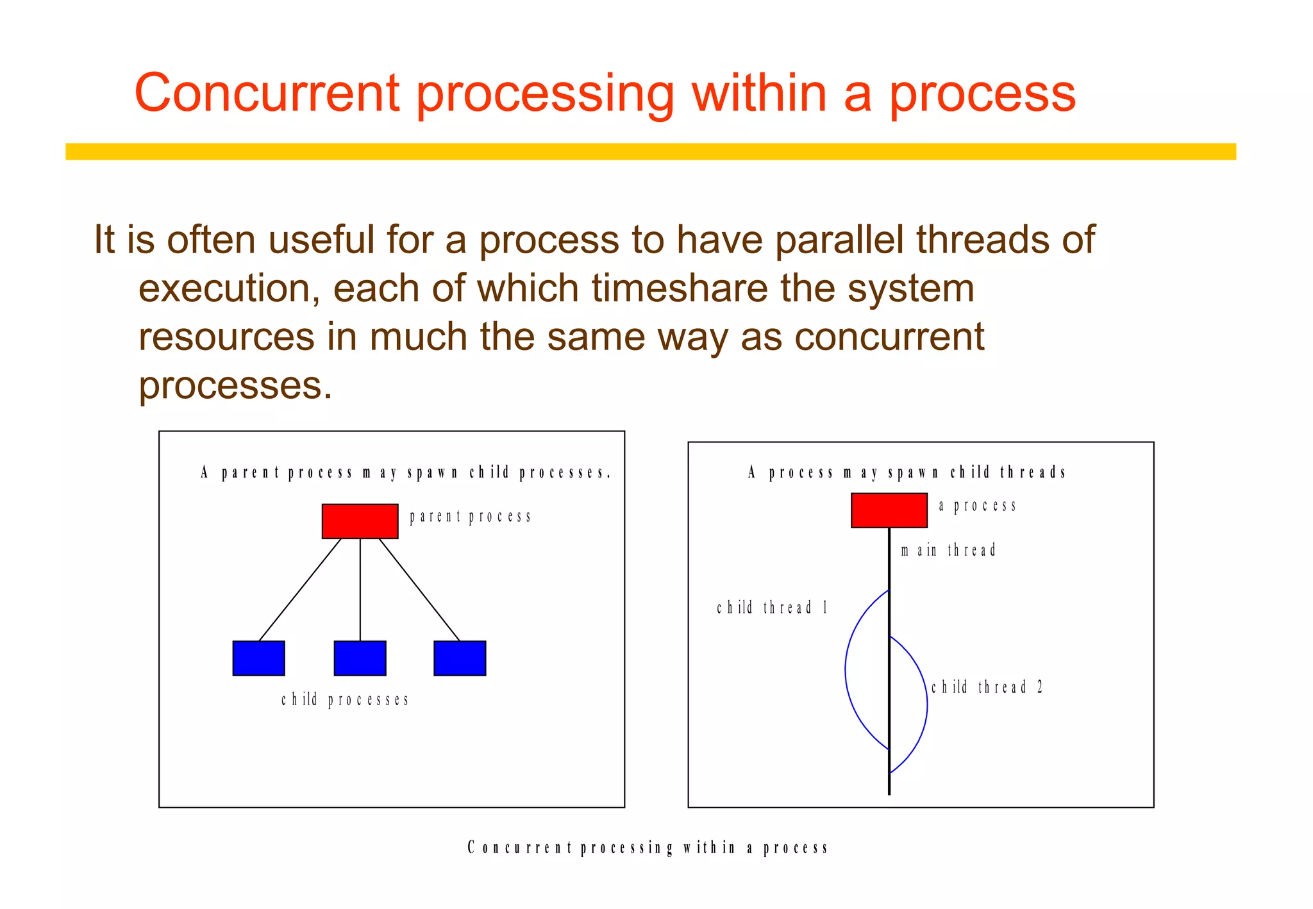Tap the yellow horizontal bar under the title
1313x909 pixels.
click(x=650, y=151)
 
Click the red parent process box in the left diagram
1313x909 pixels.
click(x=360, y=521)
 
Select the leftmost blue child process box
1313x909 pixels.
click(x=258, y=658)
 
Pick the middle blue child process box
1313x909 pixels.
click(x=360, y=658)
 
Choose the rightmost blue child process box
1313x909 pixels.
click(x=460, y=658)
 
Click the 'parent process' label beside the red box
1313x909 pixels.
click(x=470, y=517)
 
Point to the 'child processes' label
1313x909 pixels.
click(x=345, y=699)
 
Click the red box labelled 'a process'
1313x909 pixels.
click(x=889, y=510)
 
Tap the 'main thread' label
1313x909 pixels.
click(x=948, y=551)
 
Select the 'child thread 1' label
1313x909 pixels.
click(x=772, y=608)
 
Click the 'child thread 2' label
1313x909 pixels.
click(x=987, y=688)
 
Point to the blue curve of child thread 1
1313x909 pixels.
click(x=846, y=670)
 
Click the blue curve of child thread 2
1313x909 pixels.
click(x=926, y=705)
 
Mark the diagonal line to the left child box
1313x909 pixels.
click(x=300, y=589)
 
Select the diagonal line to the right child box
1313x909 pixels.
click(x=419, y=589)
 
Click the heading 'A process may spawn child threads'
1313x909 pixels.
click(x=907, y=473)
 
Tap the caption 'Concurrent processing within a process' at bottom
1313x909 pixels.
click(x=648, y=848)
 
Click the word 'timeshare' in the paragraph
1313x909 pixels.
click(x=680, y=288)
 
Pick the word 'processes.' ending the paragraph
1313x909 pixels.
click(x=235, y=386)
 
